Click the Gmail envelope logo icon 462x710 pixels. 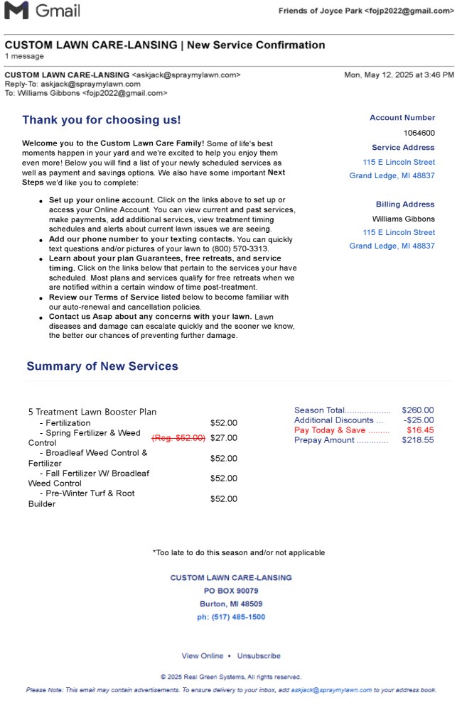(16, 11)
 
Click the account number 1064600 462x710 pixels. (419, 133)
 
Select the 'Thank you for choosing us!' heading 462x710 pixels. (102, 120)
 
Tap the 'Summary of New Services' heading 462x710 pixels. (102, 366)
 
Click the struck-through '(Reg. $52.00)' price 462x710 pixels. (178, 438)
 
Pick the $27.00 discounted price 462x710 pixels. (224, 438)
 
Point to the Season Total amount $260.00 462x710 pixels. (417, 410)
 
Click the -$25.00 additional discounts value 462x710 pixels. (419, 420)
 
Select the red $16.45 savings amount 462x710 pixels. (420, 430)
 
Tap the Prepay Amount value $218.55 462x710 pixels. (417, 440)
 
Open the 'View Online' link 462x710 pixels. (202, 656)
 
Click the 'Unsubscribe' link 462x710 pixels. (259, 656)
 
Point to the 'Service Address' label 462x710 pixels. (403, 148)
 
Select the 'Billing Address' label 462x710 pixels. (405, 204)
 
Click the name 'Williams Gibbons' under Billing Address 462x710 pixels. (404, 219)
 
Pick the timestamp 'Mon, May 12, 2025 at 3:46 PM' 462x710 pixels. (399, 75)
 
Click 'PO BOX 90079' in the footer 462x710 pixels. (231, 591)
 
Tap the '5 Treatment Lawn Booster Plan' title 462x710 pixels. (92, 412)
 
